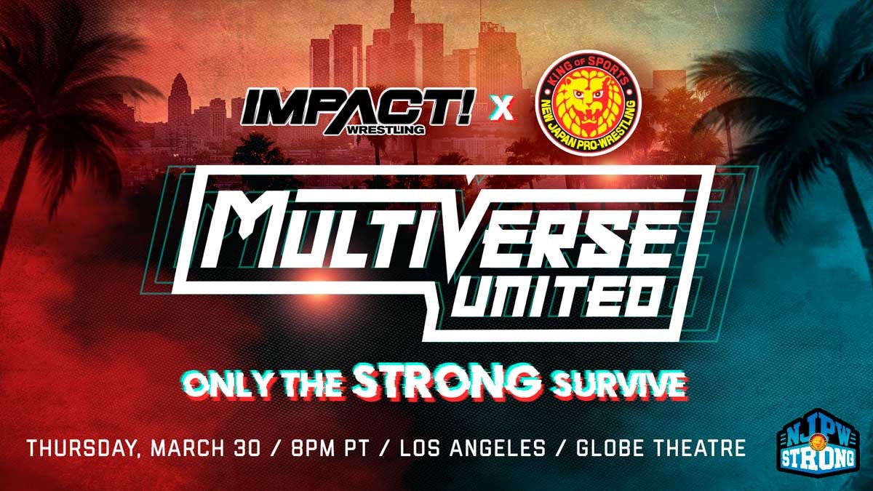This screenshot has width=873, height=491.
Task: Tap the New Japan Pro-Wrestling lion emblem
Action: tap(589, 103)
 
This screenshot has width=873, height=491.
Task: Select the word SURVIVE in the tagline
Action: tap(617, 385)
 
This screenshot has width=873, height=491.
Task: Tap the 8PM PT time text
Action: tap(330, 448)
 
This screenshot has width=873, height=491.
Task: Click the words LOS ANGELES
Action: tap(473, 448)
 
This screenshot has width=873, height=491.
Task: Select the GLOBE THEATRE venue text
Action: tap(661, 448)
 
